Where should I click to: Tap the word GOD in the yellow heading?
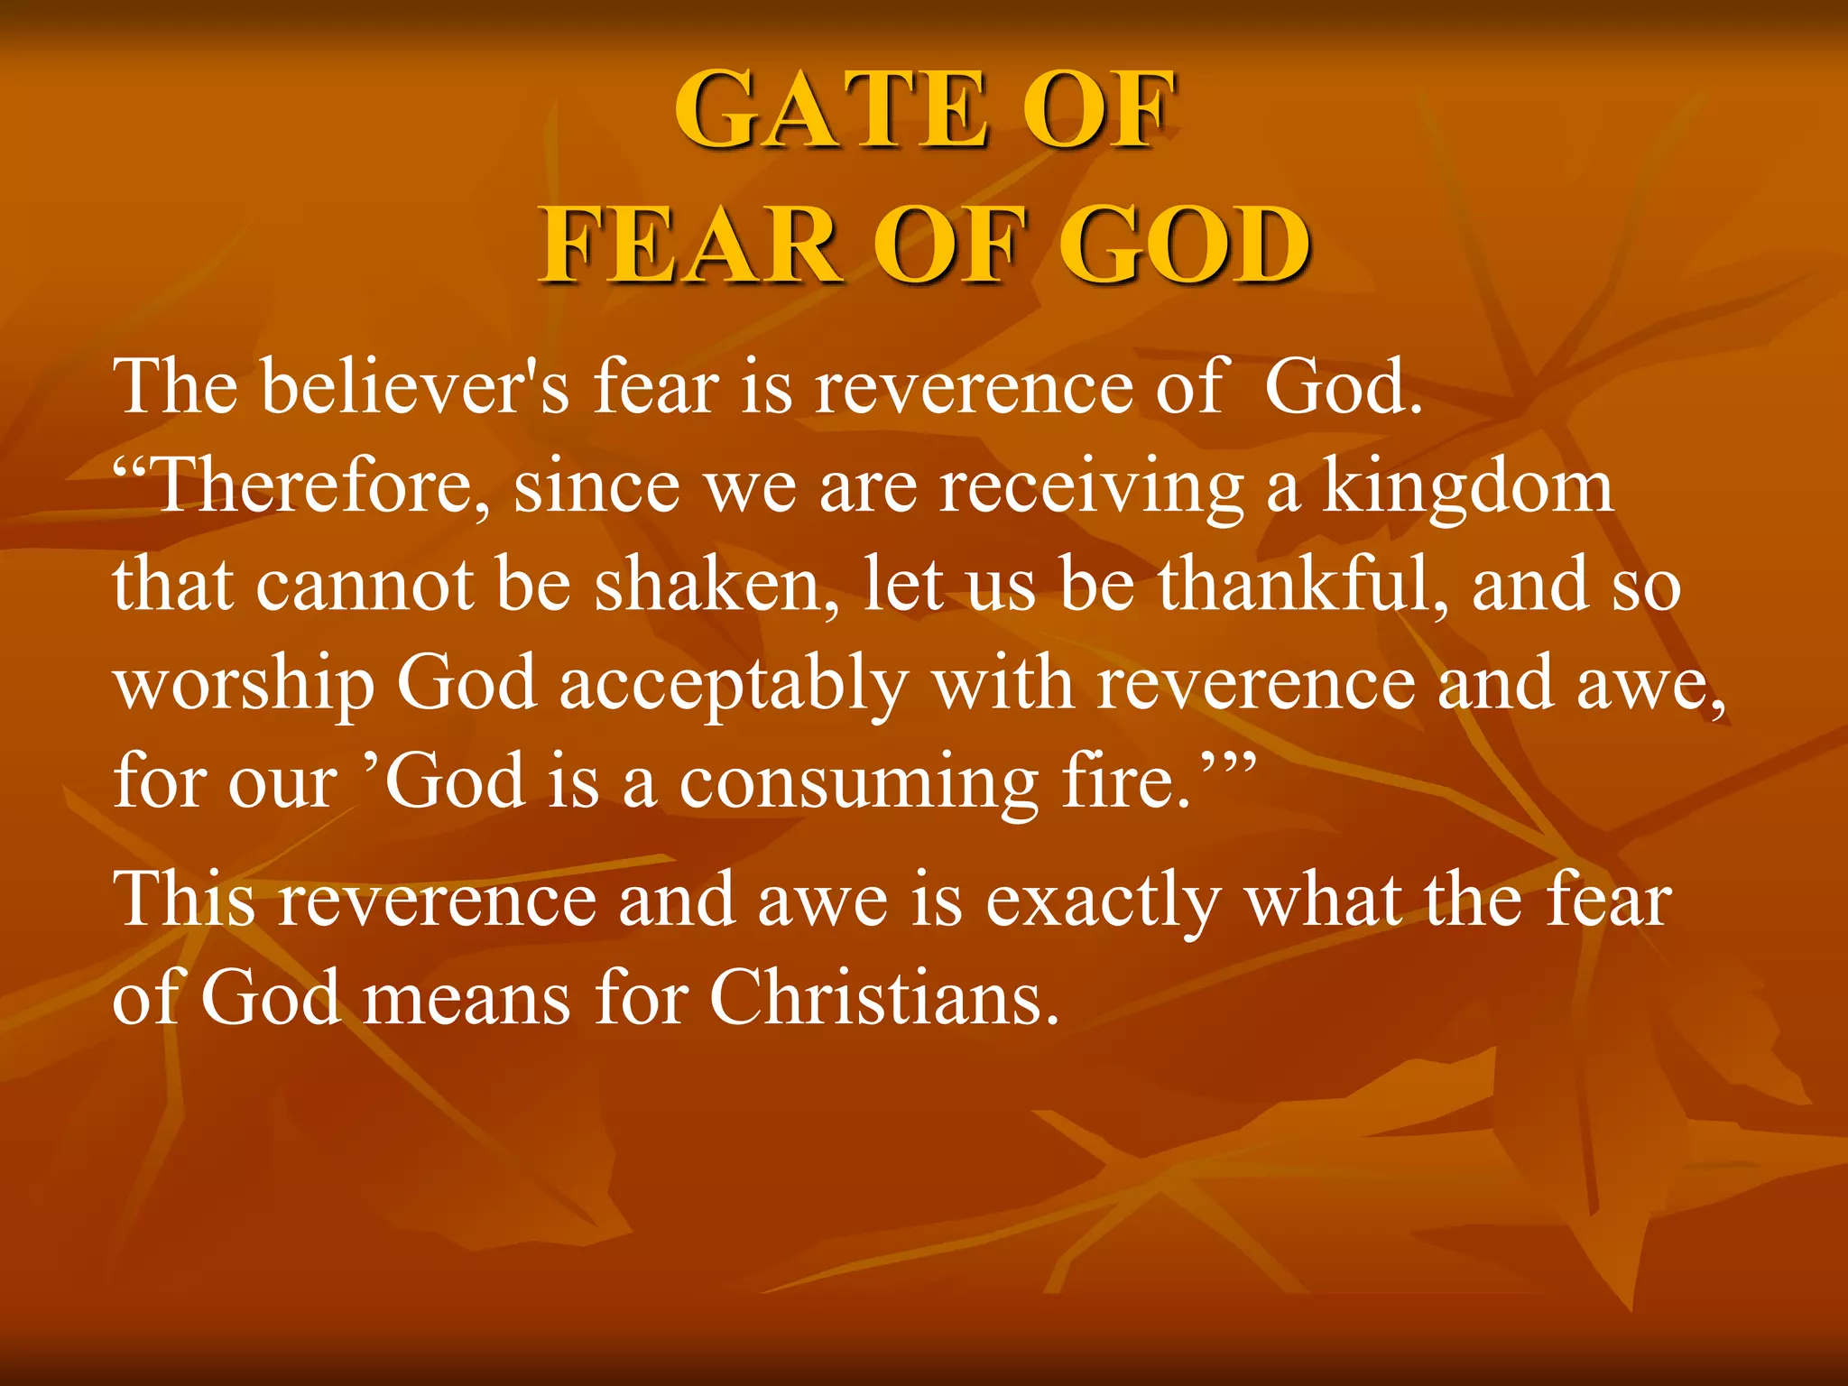coord(1183,245)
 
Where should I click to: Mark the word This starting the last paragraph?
coord(183,900)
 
